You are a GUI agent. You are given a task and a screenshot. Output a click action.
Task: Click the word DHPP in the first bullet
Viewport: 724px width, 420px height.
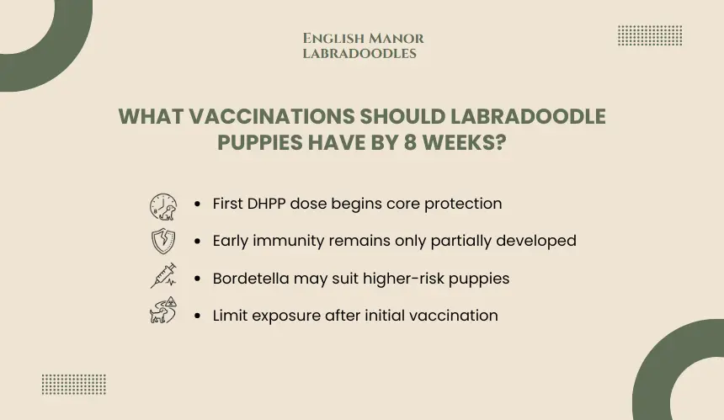266,204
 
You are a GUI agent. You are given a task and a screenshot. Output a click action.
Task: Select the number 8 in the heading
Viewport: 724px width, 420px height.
411,142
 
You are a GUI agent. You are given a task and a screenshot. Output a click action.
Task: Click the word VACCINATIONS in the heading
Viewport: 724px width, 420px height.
272,116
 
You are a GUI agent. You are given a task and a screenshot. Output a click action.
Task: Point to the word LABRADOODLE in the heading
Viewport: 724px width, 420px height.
528,116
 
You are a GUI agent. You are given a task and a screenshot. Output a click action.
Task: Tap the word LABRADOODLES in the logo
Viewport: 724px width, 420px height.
359,54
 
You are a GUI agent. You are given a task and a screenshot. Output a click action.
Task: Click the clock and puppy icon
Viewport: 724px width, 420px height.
163,207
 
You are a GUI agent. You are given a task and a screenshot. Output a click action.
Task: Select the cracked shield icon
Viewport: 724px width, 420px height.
163,241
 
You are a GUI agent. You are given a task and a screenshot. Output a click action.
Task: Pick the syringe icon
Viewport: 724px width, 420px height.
163,275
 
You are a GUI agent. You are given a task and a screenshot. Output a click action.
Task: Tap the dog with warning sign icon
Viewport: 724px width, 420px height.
163,310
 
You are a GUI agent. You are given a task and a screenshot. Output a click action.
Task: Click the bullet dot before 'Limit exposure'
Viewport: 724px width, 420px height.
198,316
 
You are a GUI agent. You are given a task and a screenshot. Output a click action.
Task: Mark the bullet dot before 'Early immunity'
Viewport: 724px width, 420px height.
198,241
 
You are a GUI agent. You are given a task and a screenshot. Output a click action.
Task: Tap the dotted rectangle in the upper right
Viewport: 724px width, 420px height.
650,35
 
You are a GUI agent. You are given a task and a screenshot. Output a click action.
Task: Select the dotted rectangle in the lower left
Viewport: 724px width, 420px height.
74,385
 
